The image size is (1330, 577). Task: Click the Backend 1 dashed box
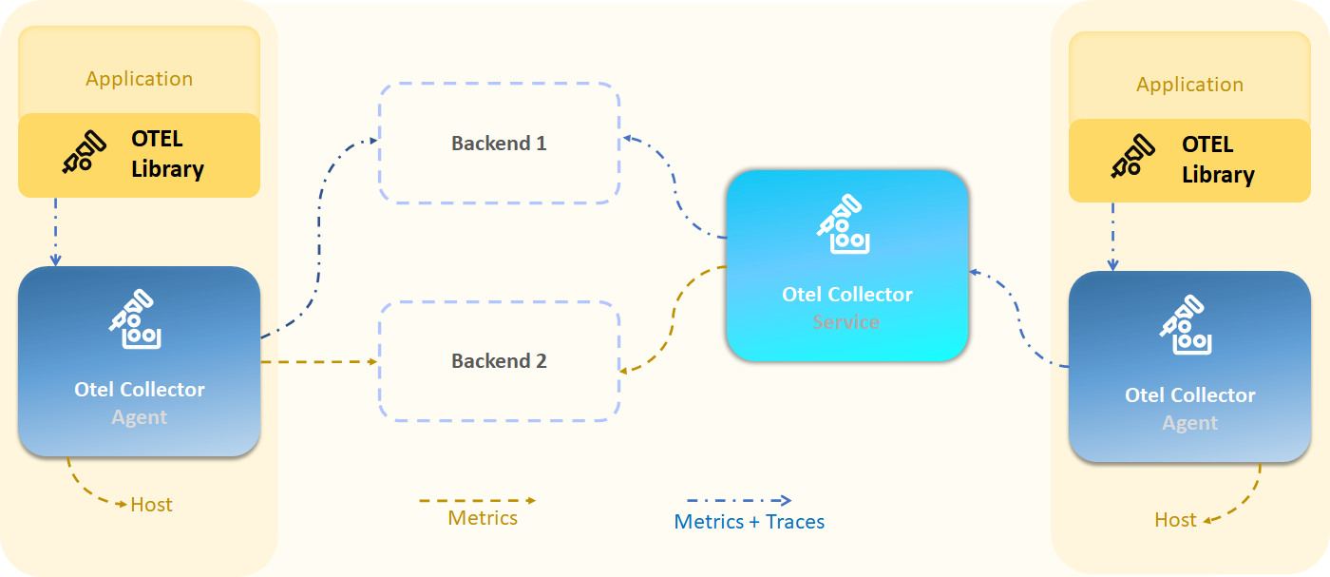[500, 144]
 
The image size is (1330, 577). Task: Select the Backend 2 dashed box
[500, 361]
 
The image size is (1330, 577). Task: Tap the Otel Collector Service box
[846, 266]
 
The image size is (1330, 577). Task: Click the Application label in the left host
[140, 79]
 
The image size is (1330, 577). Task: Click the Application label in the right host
[1189, 85]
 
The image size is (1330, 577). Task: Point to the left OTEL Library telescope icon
[84, 153]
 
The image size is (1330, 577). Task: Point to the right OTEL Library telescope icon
[1133, 158]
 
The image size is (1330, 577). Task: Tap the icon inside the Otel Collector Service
[844, 225]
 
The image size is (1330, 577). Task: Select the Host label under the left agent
[151, 505]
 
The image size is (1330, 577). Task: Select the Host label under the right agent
[1175, 520]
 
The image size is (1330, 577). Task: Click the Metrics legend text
[483, 518]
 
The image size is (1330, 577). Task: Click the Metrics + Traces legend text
[749, 522]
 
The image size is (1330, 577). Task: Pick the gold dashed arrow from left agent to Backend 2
[318, 362]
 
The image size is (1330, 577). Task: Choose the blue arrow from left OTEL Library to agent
[55, 232]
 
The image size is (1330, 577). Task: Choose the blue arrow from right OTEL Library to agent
[1112, 236]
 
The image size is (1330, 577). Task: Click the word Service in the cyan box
[846, 322]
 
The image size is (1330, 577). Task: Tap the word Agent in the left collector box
[140, 417]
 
